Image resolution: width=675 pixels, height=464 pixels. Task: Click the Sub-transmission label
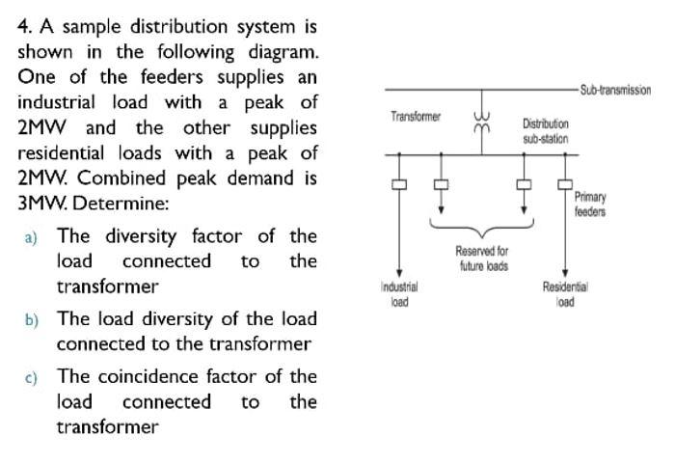click(616, 90)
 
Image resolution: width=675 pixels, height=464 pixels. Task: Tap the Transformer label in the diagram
click(416, 117)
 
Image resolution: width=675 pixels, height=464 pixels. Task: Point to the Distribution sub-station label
click(546, 131)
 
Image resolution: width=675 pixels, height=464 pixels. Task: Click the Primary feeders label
click(590, 204)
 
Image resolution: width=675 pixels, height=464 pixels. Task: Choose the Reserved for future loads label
click(481, 258)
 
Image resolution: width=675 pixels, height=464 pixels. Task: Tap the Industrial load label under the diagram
click(399, 293)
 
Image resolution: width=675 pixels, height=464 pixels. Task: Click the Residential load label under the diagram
click(565, 293)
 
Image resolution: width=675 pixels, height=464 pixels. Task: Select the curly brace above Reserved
click(481, 227)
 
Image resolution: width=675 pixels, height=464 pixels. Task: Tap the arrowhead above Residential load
click(564, 274)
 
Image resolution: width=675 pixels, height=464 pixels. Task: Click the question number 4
click(24, 27)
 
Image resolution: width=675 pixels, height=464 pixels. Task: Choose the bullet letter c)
click(31, 377)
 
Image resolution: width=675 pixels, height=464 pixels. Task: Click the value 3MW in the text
click(41, 204)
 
